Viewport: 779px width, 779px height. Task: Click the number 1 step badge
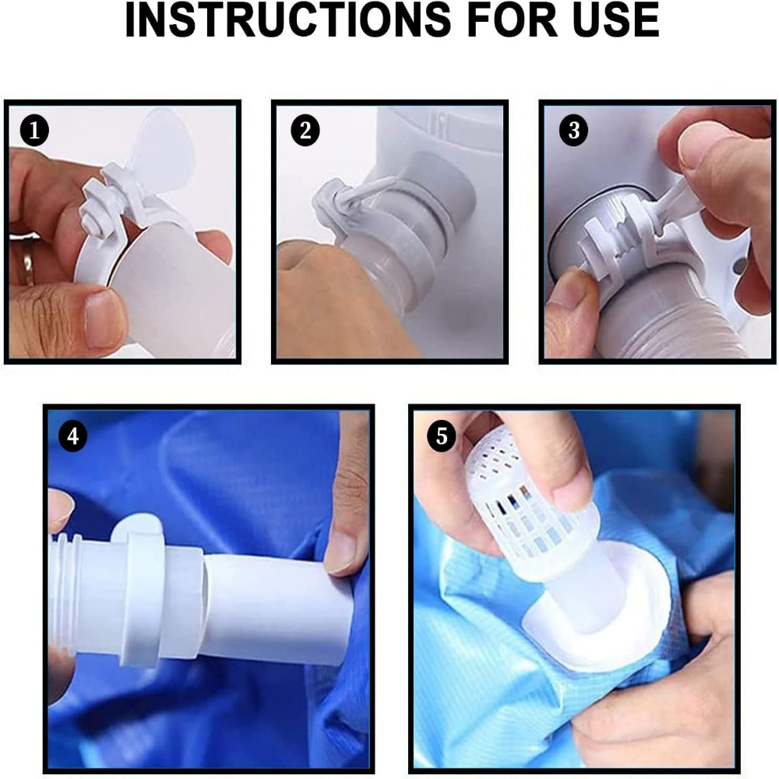(34, 131)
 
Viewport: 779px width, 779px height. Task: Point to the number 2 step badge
(305, 131)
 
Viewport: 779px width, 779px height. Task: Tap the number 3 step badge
(574, 131)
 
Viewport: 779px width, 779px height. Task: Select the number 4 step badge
(73, 436)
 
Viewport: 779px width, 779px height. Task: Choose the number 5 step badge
(441, 436)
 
